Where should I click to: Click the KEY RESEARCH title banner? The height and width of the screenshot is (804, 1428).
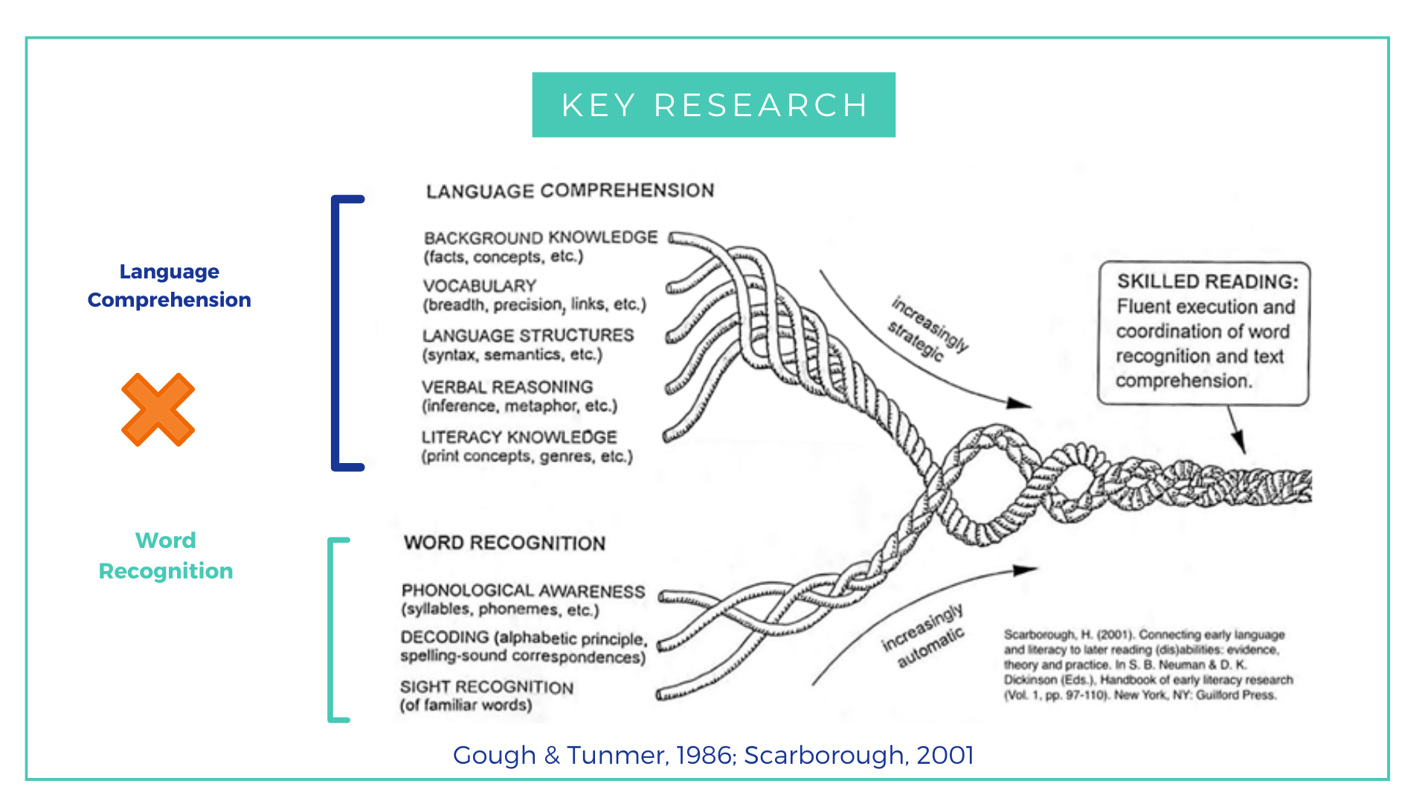713,105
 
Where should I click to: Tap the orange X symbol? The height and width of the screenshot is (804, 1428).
158,409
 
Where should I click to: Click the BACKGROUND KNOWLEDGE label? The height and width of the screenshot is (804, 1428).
541,237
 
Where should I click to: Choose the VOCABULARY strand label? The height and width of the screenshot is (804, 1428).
480,286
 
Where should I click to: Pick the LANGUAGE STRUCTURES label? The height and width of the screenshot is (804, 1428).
528,336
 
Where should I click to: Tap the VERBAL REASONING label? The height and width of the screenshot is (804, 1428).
507,387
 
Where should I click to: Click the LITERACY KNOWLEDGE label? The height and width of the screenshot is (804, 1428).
519,437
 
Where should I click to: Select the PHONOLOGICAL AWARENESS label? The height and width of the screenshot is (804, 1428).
523,591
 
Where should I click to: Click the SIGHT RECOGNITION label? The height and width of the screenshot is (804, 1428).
486,687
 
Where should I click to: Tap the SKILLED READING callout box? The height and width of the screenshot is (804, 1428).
1203,332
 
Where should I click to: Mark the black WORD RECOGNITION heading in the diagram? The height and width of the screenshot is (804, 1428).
504,543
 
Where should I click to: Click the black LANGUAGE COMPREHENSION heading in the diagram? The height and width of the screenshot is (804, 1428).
570,191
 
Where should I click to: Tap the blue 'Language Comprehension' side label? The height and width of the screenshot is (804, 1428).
169,285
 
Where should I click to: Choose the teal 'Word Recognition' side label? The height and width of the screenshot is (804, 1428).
166,555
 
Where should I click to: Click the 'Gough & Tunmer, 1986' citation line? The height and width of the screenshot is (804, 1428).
713,755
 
